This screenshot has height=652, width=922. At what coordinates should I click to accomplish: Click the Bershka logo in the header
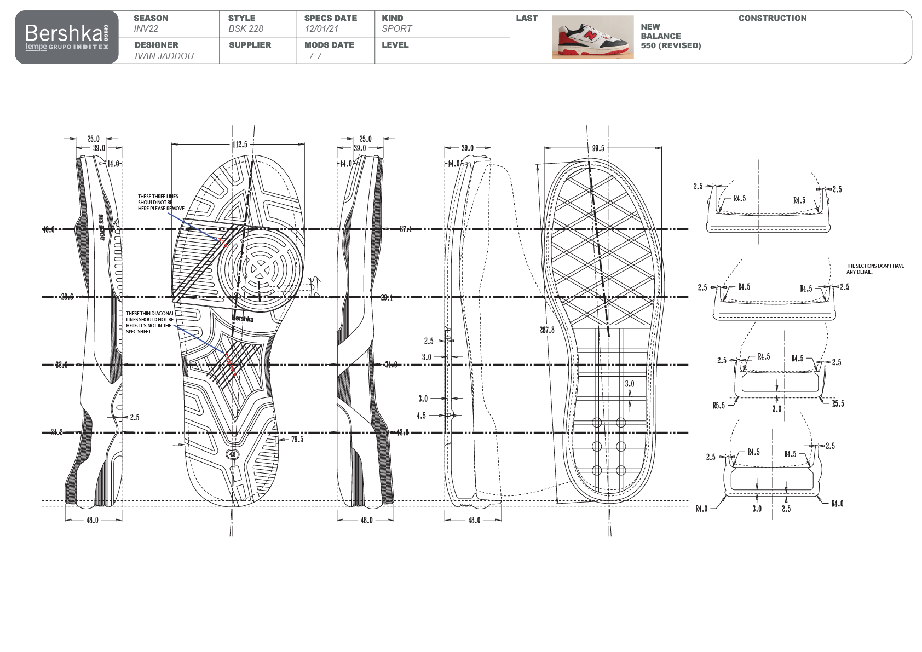66,37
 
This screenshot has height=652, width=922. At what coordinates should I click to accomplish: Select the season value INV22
146,28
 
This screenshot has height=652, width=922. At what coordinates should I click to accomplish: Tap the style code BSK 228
246,28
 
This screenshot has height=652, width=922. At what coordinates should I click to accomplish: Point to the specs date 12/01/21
322,28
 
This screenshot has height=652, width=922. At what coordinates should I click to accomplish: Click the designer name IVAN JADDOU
164,56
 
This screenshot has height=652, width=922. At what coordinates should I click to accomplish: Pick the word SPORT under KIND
397,28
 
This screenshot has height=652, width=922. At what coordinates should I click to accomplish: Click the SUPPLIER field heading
250,45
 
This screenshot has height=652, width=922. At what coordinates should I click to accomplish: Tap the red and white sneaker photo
593,37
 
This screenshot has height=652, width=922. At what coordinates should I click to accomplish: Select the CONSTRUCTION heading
772,18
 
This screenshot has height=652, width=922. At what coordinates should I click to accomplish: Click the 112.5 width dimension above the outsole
240,145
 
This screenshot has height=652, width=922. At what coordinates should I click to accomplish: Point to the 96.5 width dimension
598,148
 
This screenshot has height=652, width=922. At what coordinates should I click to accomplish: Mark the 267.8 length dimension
547,330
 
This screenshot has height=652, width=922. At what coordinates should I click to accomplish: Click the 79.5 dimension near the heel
297,439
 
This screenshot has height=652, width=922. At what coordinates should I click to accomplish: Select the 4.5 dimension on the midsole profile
421,416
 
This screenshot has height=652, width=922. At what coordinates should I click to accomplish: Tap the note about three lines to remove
160,202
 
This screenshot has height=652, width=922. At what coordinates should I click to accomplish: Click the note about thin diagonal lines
150,322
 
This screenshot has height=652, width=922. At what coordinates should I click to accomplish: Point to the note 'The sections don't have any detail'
875,268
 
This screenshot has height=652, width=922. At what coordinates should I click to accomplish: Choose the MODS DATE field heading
330,45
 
